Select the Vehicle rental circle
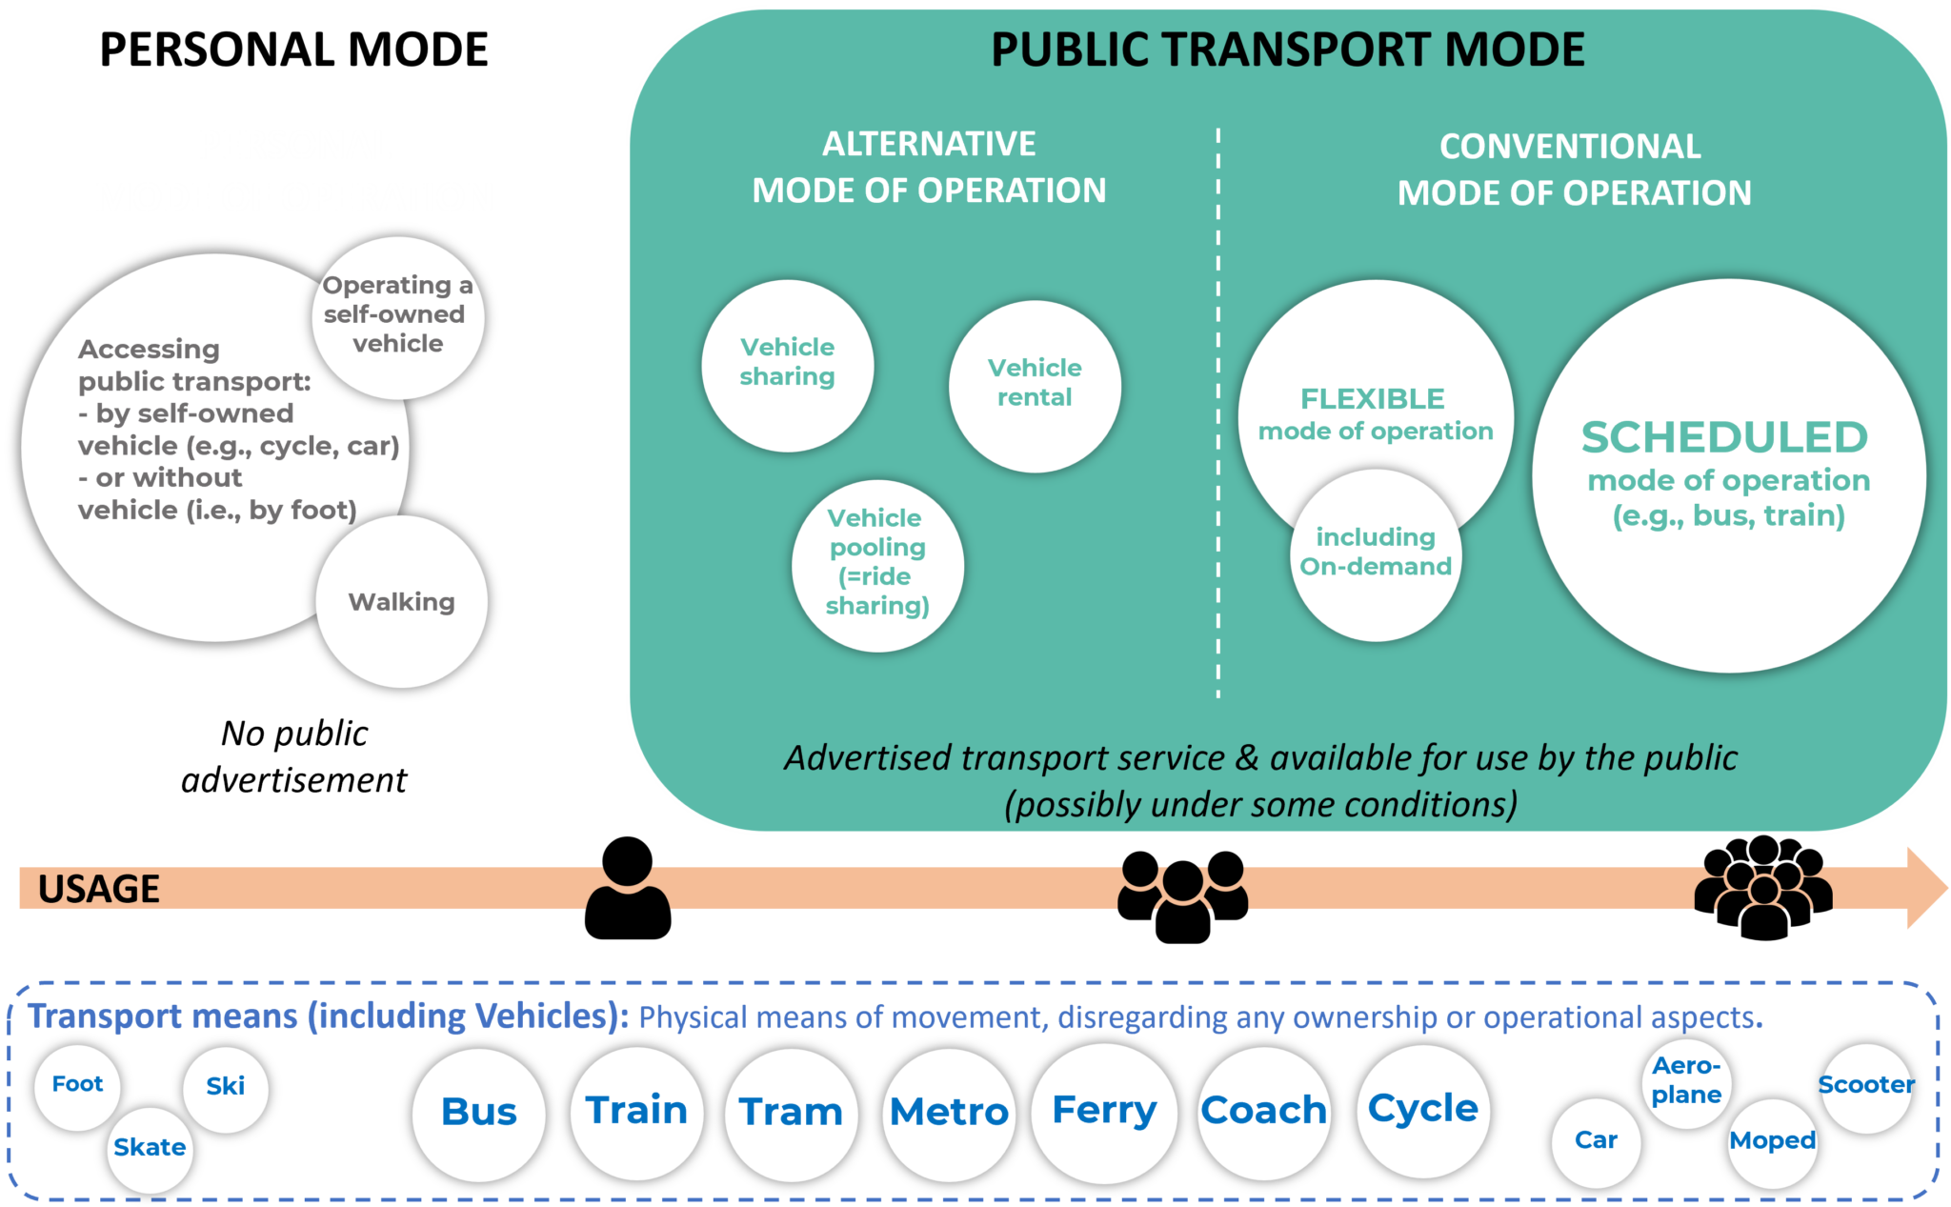click(1035, 385)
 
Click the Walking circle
click(401, 601)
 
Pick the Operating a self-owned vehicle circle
click(397, 315)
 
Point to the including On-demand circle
click(1376, 553)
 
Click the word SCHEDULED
click(1724, 438)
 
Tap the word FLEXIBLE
click(1373, 398)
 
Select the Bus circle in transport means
click(478, 1113)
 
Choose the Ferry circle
click(1104, 1111)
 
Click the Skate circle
click(150, 1148)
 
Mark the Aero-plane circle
click(1686, 1081)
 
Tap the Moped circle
click(1772, 1141)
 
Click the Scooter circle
click(1866, 1086)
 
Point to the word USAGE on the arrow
click(98, 889)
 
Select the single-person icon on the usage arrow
click(628, 888)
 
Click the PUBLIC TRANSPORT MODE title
click(1287, 50)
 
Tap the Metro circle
click(949, 1113)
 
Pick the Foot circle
click(77, 1085)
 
